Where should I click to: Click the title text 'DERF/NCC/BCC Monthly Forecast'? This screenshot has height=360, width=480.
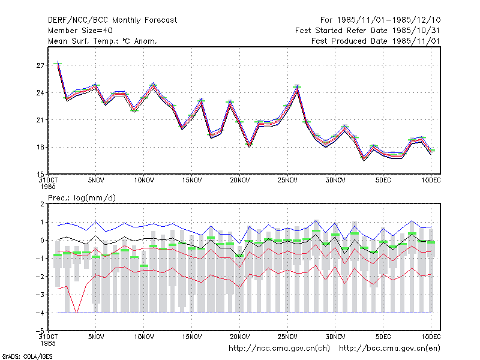(x=112, y=20)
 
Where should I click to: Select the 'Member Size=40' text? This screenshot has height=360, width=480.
(x=80, y=31)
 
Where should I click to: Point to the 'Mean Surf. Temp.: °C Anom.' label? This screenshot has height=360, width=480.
(x=102, y=41)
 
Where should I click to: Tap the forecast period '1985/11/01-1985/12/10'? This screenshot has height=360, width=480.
(x=389, y=20)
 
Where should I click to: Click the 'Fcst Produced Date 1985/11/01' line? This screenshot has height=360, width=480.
(x=376, y=41)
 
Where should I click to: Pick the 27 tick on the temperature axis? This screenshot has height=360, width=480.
(x=40, y=65)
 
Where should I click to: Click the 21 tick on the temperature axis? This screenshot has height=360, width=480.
(x=40, y=120)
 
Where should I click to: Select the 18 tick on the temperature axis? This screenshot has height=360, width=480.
(x=40, y=147)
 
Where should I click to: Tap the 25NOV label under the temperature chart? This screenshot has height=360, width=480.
(x=287, y=181)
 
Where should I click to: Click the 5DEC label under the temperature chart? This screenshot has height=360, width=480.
(x=383, y=181)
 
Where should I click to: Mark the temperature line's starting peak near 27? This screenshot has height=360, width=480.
(x=58, y=63)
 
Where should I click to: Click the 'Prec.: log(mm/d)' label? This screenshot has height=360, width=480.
(x=82, y=198)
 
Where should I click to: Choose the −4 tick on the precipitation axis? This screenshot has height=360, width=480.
(x=40, y=313)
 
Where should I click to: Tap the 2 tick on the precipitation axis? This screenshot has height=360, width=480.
(x=42, y=204)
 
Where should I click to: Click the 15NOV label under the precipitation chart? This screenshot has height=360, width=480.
(x=191, y=337)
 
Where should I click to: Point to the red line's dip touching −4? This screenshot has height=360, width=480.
(x=77, y=312)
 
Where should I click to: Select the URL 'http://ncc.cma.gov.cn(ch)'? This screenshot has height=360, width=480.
(x=279, y=349)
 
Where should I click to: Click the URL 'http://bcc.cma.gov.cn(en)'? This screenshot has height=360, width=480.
(x=389, y=349)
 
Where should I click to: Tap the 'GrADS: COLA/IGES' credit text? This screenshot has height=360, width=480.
(x=27, y=356)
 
